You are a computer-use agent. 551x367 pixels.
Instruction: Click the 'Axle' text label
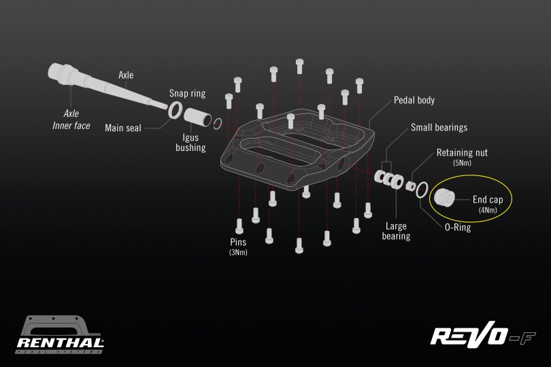[126, 75]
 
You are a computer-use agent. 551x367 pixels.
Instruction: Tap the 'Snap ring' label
[187, 94]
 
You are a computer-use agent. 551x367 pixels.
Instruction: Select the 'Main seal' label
[123, 128]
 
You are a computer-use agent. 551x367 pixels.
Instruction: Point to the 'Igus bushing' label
[190, 142]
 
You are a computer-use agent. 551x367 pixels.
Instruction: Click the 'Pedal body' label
[414, 101]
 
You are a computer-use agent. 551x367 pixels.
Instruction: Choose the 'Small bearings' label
[439, 128]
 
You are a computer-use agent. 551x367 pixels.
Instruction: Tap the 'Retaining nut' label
[462, 153]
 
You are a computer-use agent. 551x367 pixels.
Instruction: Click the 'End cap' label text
[487, 200]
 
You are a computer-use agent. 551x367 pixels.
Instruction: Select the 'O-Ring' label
[458, 228]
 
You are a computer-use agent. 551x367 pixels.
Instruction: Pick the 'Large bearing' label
[396, 231]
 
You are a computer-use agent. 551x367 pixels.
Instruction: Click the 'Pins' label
[238, 242]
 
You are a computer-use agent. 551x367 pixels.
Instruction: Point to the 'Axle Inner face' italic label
[71, 120]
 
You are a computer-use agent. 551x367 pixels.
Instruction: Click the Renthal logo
[60, 336]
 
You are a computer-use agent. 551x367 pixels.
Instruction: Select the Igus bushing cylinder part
[197, 115]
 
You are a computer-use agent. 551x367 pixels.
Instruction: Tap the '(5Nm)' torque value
[462, 163]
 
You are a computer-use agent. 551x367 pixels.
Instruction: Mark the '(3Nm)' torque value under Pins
[238, 253]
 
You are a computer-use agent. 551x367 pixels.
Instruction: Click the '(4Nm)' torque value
[487, 211]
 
